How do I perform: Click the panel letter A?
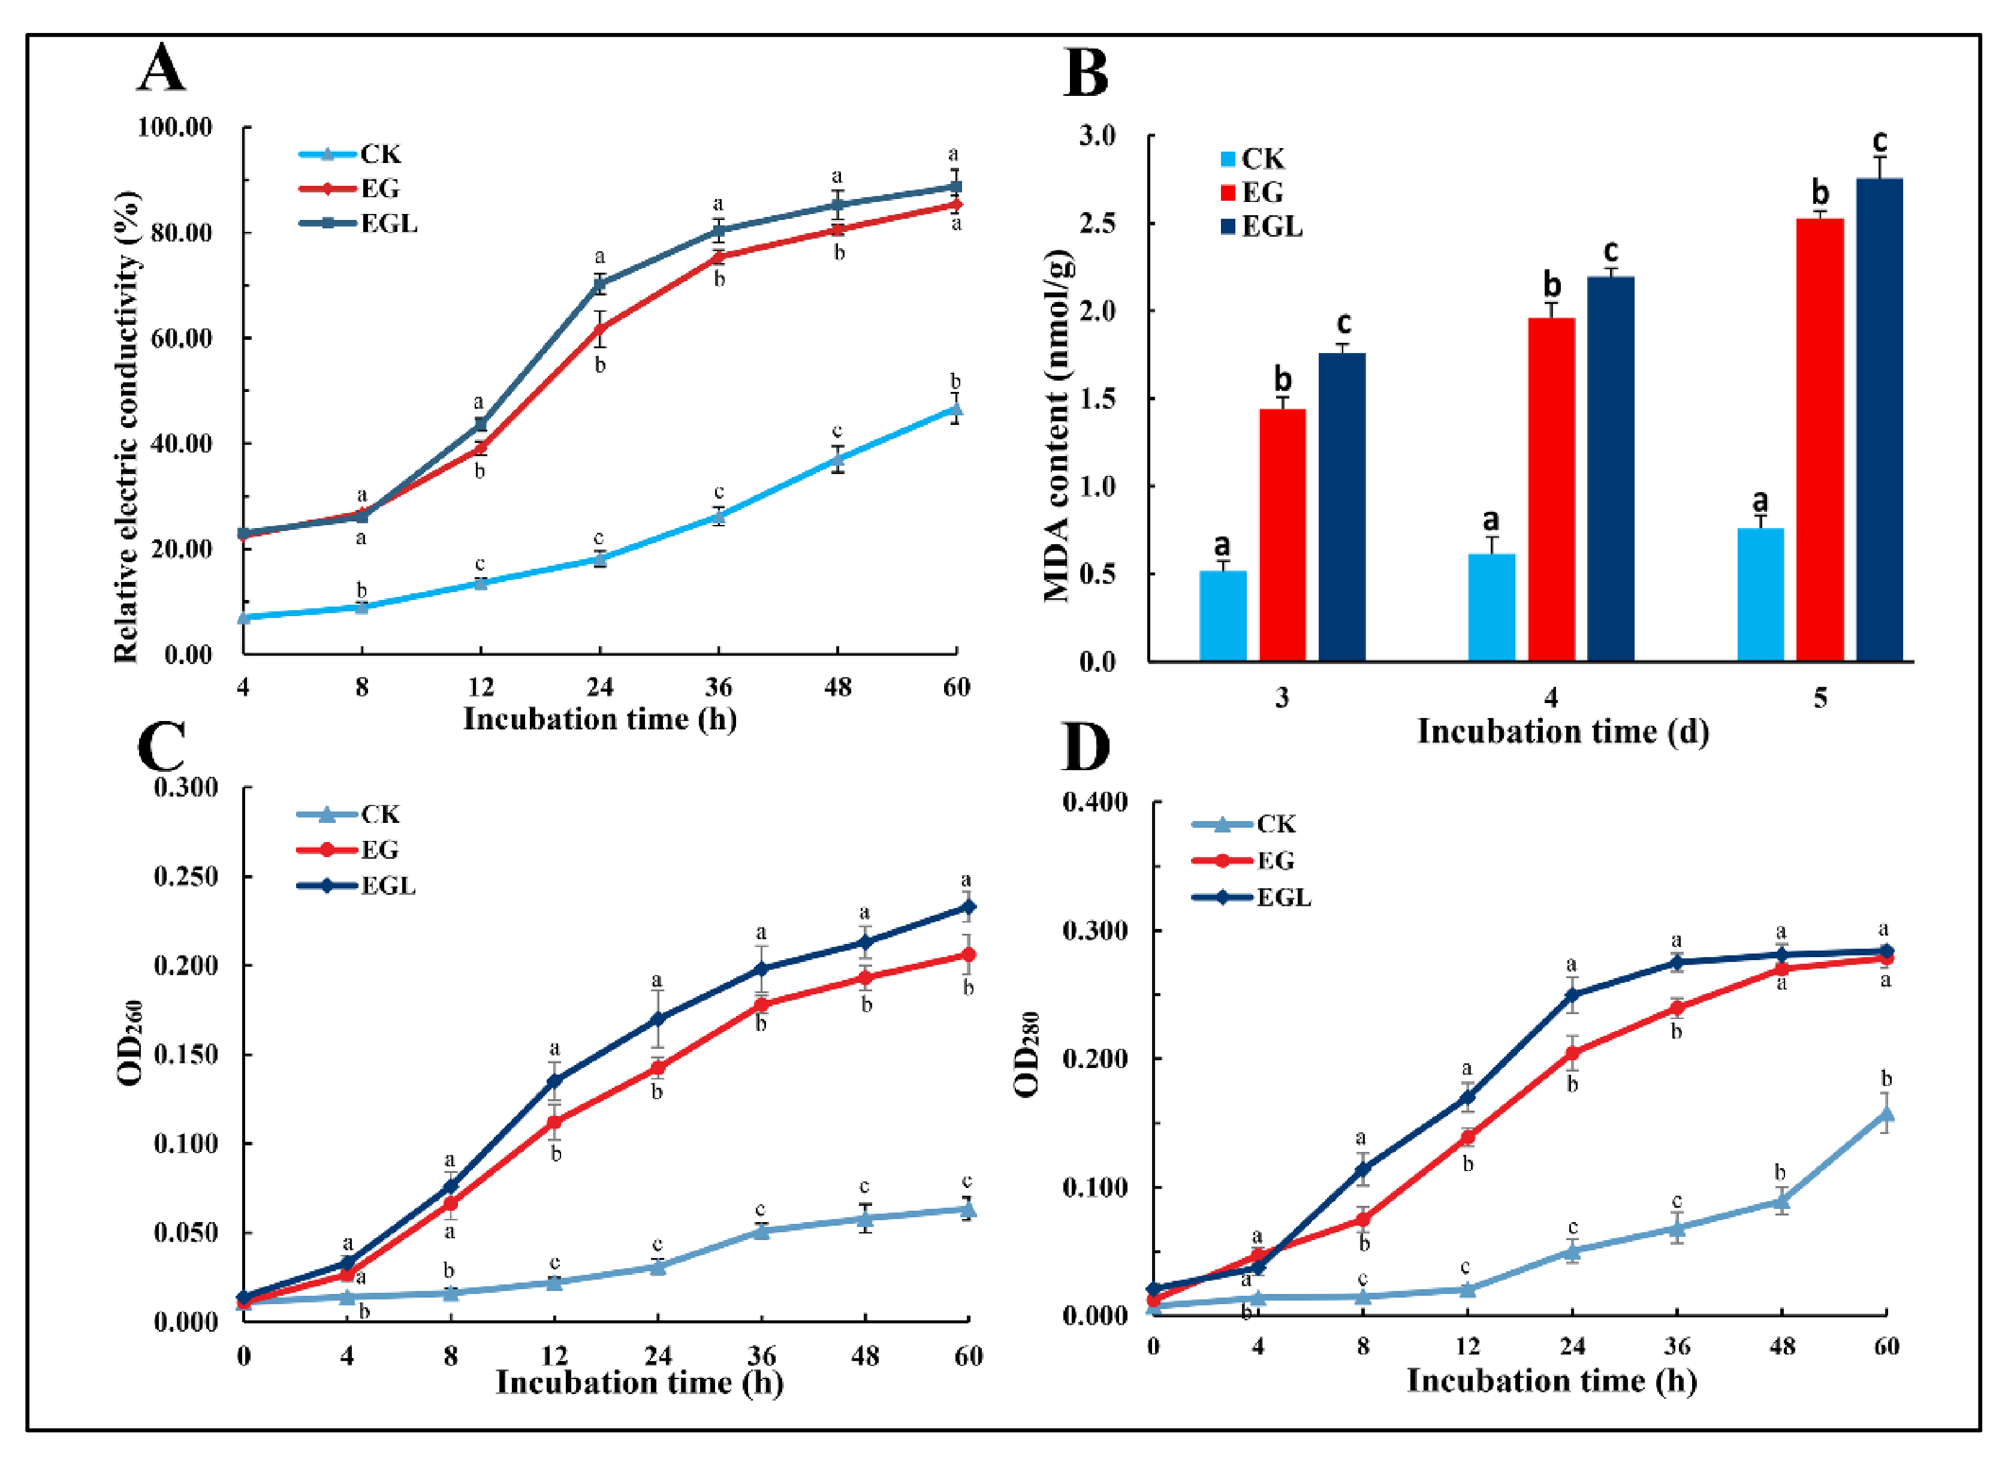[x=161, y=68]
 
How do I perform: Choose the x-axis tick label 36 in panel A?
[x=718, y=687]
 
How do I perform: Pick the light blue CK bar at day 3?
[x=1222, y=616]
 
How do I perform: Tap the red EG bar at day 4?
[x=1551, y=489]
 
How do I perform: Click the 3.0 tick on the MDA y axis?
[x=1096, y=135]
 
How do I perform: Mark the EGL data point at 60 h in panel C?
[x=968, y=906]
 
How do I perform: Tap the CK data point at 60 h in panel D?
[x=1886, y=1114]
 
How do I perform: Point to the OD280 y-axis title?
[x=1027, y=1054]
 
